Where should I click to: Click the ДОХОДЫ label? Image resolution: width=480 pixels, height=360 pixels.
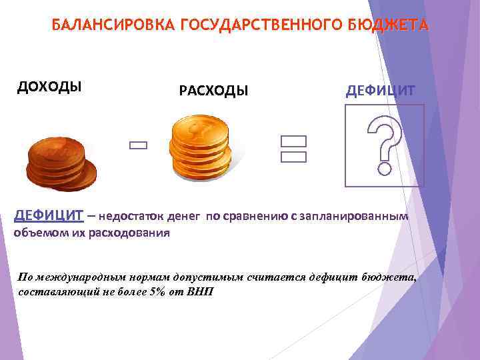point(49,87)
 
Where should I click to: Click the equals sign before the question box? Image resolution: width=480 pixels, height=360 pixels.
point(293,149)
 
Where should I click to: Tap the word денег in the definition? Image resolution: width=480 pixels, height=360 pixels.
point(182,216)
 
